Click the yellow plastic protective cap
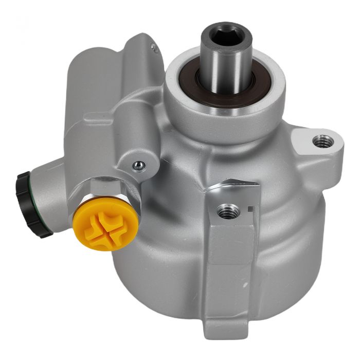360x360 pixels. tap(105, 222)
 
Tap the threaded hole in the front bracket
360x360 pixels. tap(228, 209)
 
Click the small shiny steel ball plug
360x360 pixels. tap(137, 165)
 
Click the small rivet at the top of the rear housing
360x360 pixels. tap(153, 47)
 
